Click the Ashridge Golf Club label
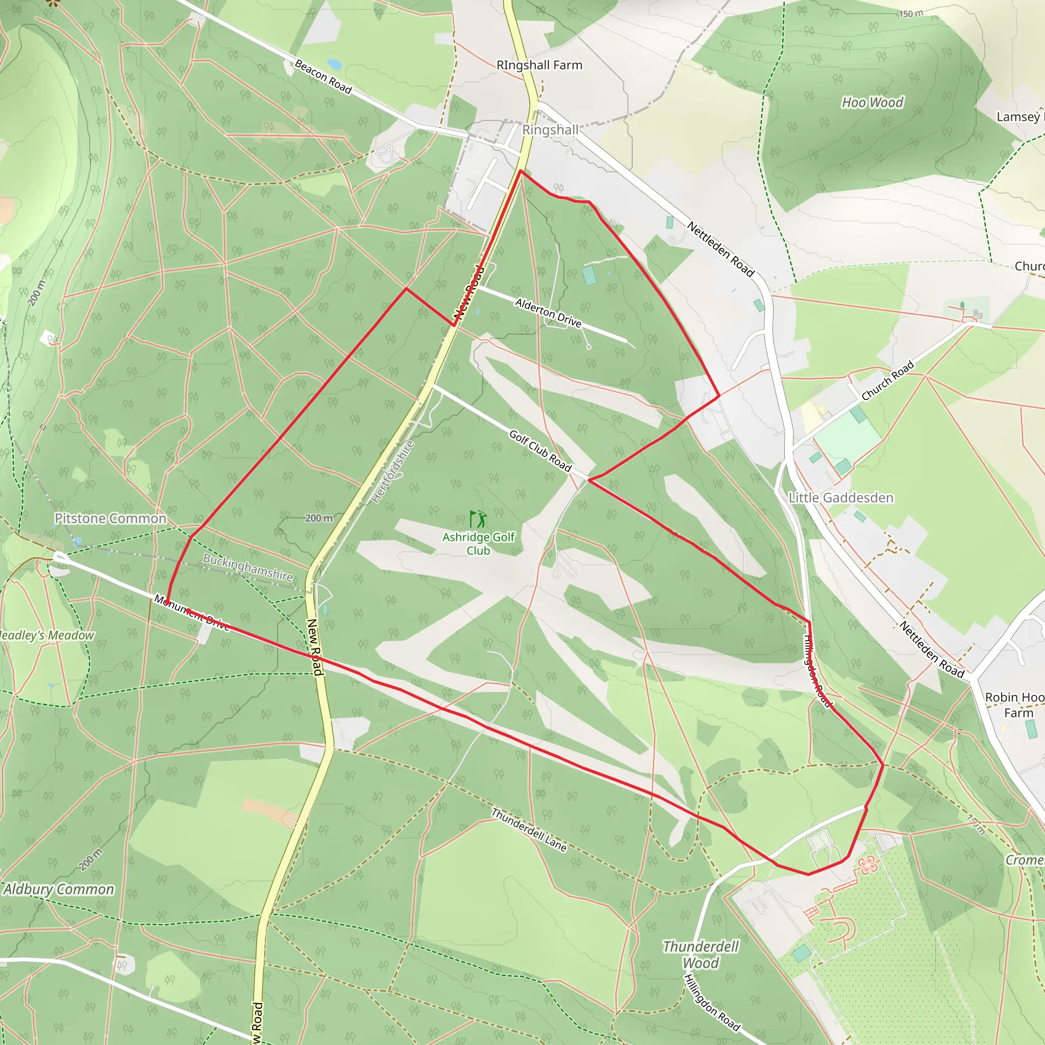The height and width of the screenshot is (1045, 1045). coord(478,543)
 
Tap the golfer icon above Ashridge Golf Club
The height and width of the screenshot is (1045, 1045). coord(478,519)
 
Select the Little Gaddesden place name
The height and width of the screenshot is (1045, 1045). coord(840,497)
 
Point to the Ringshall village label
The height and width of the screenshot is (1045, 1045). coord(550,130)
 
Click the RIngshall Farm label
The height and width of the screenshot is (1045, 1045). coord(539,65)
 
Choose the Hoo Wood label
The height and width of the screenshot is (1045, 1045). coord(872,102)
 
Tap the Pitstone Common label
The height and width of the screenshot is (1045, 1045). coord(110,518)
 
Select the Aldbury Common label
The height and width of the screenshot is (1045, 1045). coord(58,889)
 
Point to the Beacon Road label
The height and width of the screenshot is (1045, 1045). coord(323,76)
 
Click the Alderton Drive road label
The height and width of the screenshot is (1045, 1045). coord(548,313)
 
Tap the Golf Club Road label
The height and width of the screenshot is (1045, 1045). coord(540,451)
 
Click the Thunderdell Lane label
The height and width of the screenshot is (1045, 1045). coord(529,829)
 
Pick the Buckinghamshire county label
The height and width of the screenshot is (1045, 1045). coord(247,567)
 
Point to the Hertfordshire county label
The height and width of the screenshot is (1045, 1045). coord(393,471)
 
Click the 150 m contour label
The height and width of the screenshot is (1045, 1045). coord(911,14)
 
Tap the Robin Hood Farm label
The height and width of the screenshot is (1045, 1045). coord(1015,705)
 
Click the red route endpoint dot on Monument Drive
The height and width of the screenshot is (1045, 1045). coord(167,602)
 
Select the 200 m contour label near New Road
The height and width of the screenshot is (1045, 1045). coord(318,518)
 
